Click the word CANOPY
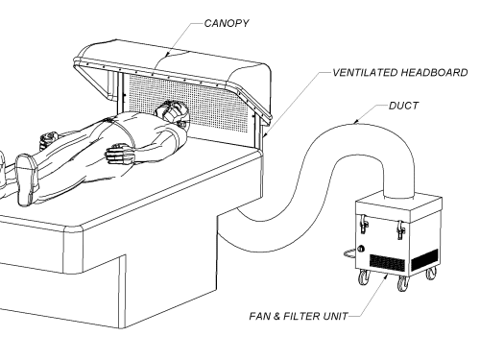pyautogui.click(x=227, y=23)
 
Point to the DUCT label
pyautogui.click(x=403, y=106)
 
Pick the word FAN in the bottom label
pyautogui.click(x=260, y=316)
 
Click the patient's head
pyautogui.click(x=172, y=111)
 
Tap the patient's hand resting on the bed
pyautogui.click(x=120, y=154)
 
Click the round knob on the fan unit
pyautogui.click(x=361, y=249)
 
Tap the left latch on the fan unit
pyautogui.click(x=364, y=224)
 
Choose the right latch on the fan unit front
pyautogui.click(x=400, y=229)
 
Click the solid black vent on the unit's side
pyautogui.click(x=424, y=259)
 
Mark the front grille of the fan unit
pyautogui.click(x=387, y=262)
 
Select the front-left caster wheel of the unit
pyautogui.click(x=363, y=277)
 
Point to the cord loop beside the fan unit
pyautogui.click(x=350, y=254)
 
